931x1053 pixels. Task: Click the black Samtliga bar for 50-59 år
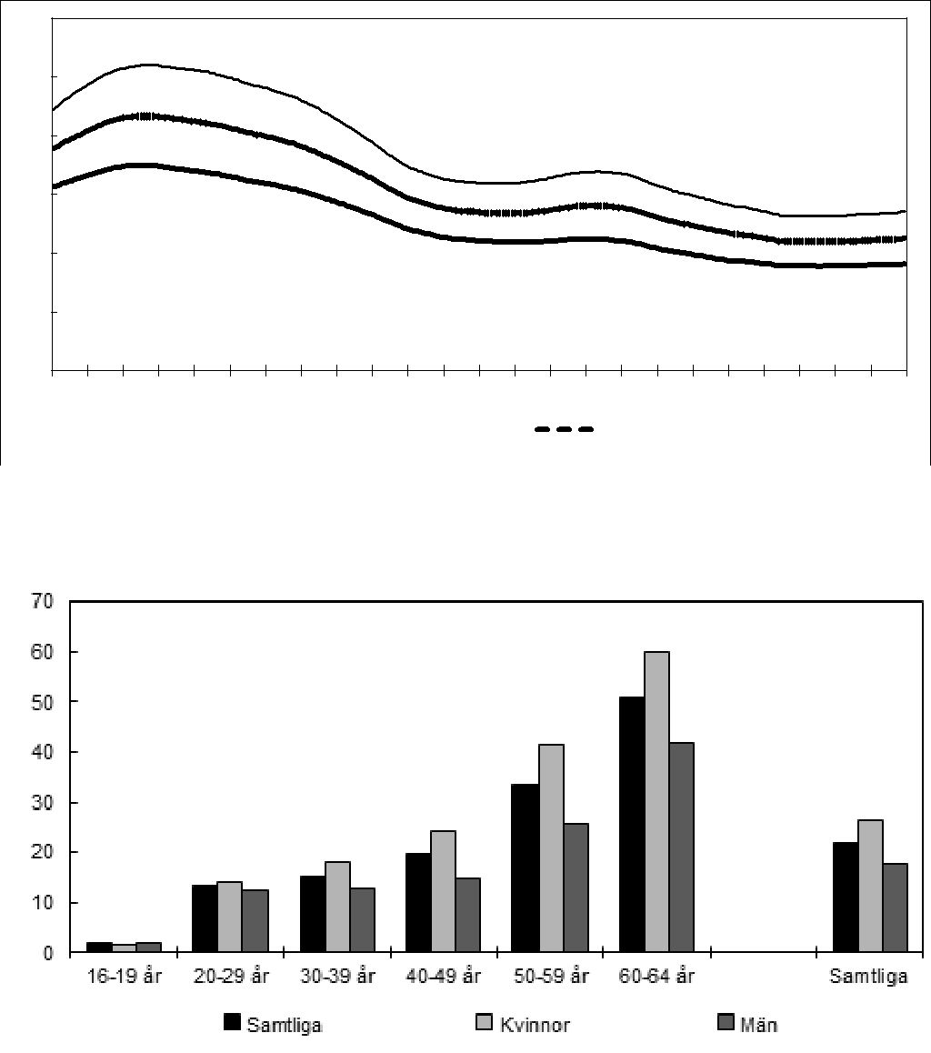click(x=525, y=868)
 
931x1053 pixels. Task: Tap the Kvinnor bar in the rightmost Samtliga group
click(x=870, y=886)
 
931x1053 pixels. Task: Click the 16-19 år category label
click(x=125, y=978)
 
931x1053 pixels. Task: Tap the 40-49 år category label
click(x=444, y=978)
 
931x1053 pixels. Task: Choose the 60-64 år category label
click(x=656, y=978)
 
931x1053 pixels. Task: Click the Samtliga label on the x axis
click(x=868, y=978)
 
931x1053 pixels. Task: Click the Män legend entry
click(x=758, y=1025)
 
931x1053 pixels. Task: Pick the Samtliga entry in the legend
click(x=285, y=1025)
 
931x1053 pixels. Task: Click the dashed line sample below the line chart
click(x=564, y=429)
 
